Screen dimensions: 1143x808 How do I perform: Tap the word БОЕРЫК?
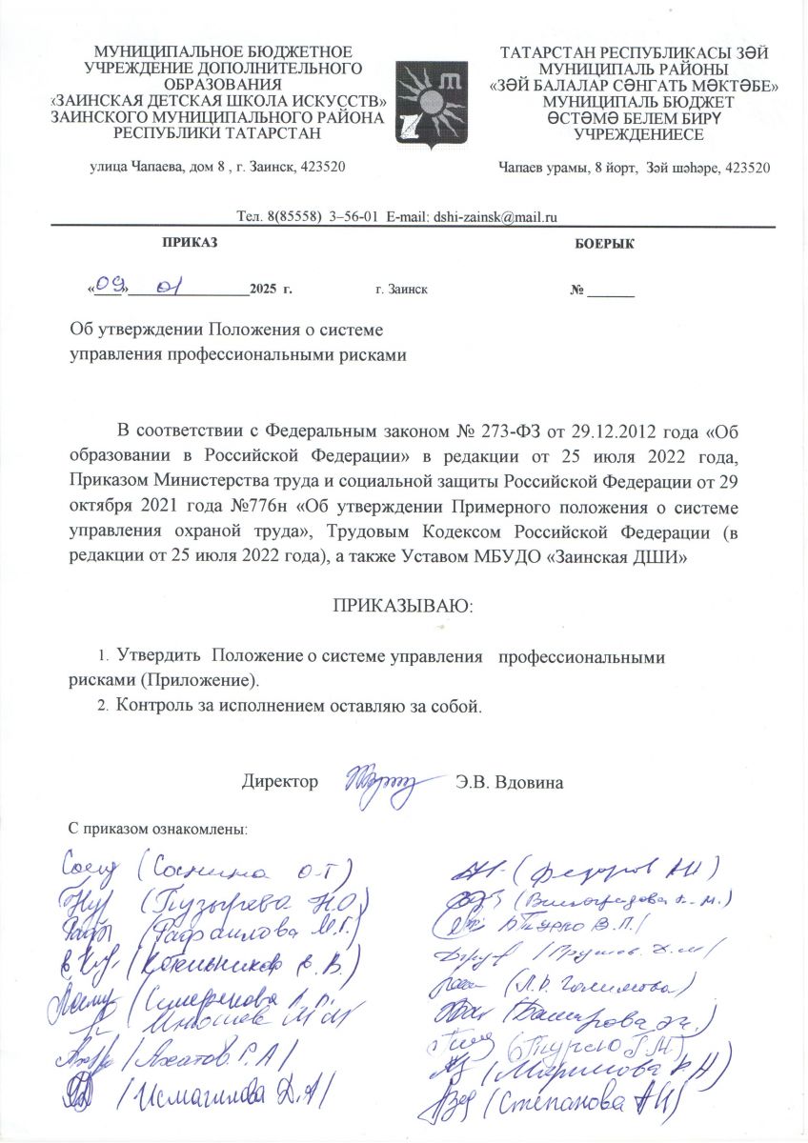[605, 244]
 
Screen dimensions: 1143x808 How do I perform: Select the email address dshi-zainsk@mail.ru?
[495, 216]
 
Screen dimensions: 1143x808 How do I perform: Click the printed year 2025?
[263, 287]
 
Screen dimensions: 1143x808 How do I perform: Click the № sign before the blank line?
[576, 288]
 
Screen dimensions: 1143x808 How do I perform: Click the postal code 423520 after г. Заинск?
[322, 168]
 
